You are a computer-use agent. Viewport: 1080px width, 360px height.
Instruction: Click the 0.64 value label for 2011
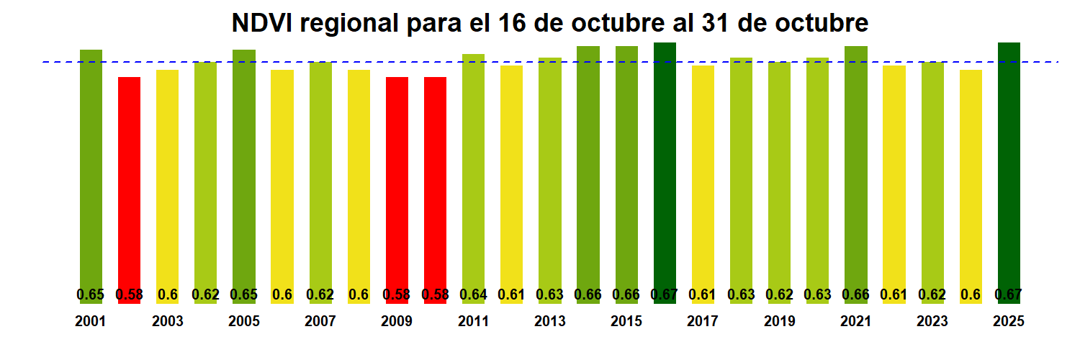point(473,294)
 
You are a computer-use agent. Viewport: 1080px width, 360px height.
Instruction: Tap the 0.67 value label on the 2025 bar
point(1009,294)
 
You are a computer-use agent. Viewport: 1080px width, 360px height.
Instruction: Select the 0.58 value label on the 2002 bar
point(129,294)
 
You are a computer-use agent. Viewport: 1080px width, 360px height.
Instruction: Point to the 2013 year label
point(549,322)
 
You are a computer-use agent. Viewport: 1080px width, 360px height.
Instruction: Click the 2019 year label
point(779,322)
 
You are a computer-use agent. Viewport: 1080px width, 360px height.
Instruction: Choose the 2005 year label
point(243,322)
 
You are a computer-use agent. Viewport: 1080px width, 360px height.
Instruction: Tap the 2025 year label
point(1009,322)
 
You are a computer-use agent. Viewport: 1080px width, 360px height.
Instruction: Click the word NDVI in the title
point(261,24)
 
